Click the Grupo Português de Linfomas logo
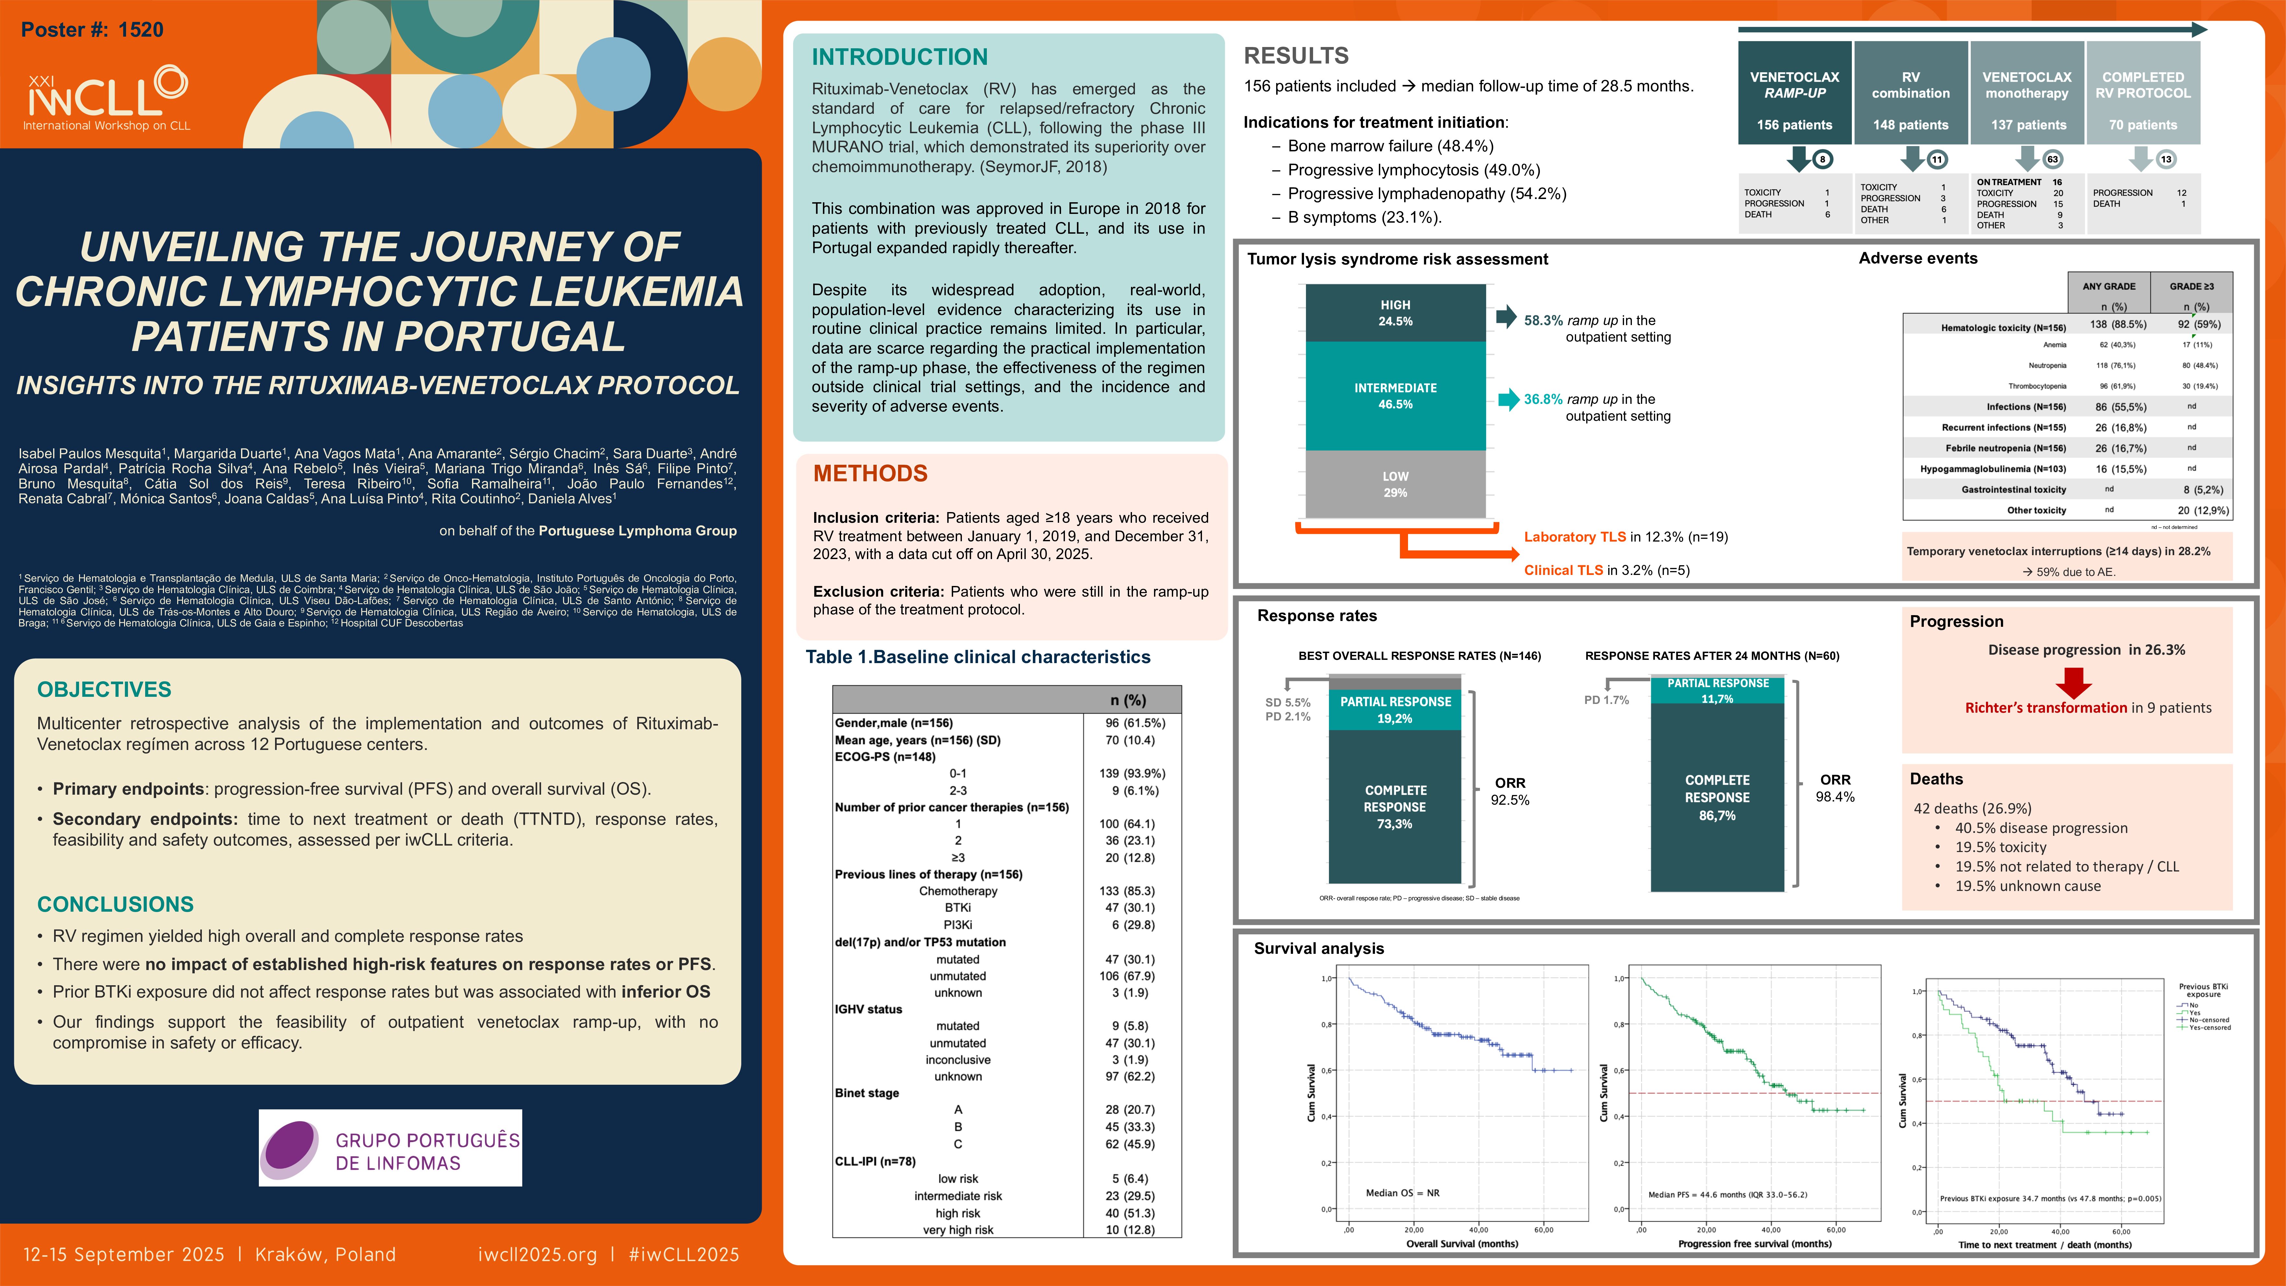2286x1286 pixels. [390, 1148]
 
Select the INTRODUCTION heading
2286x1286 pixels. [899, 57]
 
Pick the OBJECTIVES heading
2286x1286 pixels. [104, 690]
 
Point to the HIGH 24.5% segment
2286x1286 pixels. [1395, 312]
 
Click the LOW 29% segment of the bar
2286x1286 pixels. [1395, 484]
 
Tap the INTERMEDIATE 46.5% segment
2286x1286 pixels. [1395, 396]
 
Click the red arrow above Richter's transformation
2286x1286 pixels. [2074, 682]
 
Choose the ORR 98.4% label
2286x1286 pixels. [1835, 788]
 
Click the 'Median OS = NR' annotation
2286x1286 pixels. [1402, 1193]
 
